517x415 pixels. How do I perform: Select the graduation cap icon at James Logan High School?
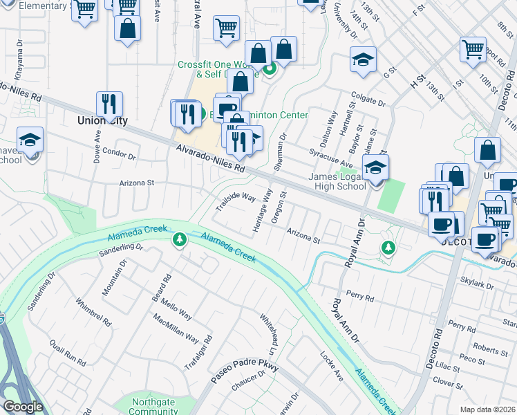pyautogui.click(x=375, y=168)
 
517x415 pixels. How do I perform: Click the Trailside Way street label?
pyautogui.click(x=236, y=201)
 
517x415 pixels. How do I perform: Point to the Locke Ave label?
pyautogui.click(x=332, y=366)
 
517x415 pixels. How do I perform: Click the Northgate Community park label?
pyautogui.click(x=153, y=407)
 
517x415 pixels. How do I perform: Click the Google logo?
pyautogui.click(x=23, y=407)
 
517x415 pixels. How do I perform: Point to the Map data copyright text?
pyautogui.click(x=487, y=409)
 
